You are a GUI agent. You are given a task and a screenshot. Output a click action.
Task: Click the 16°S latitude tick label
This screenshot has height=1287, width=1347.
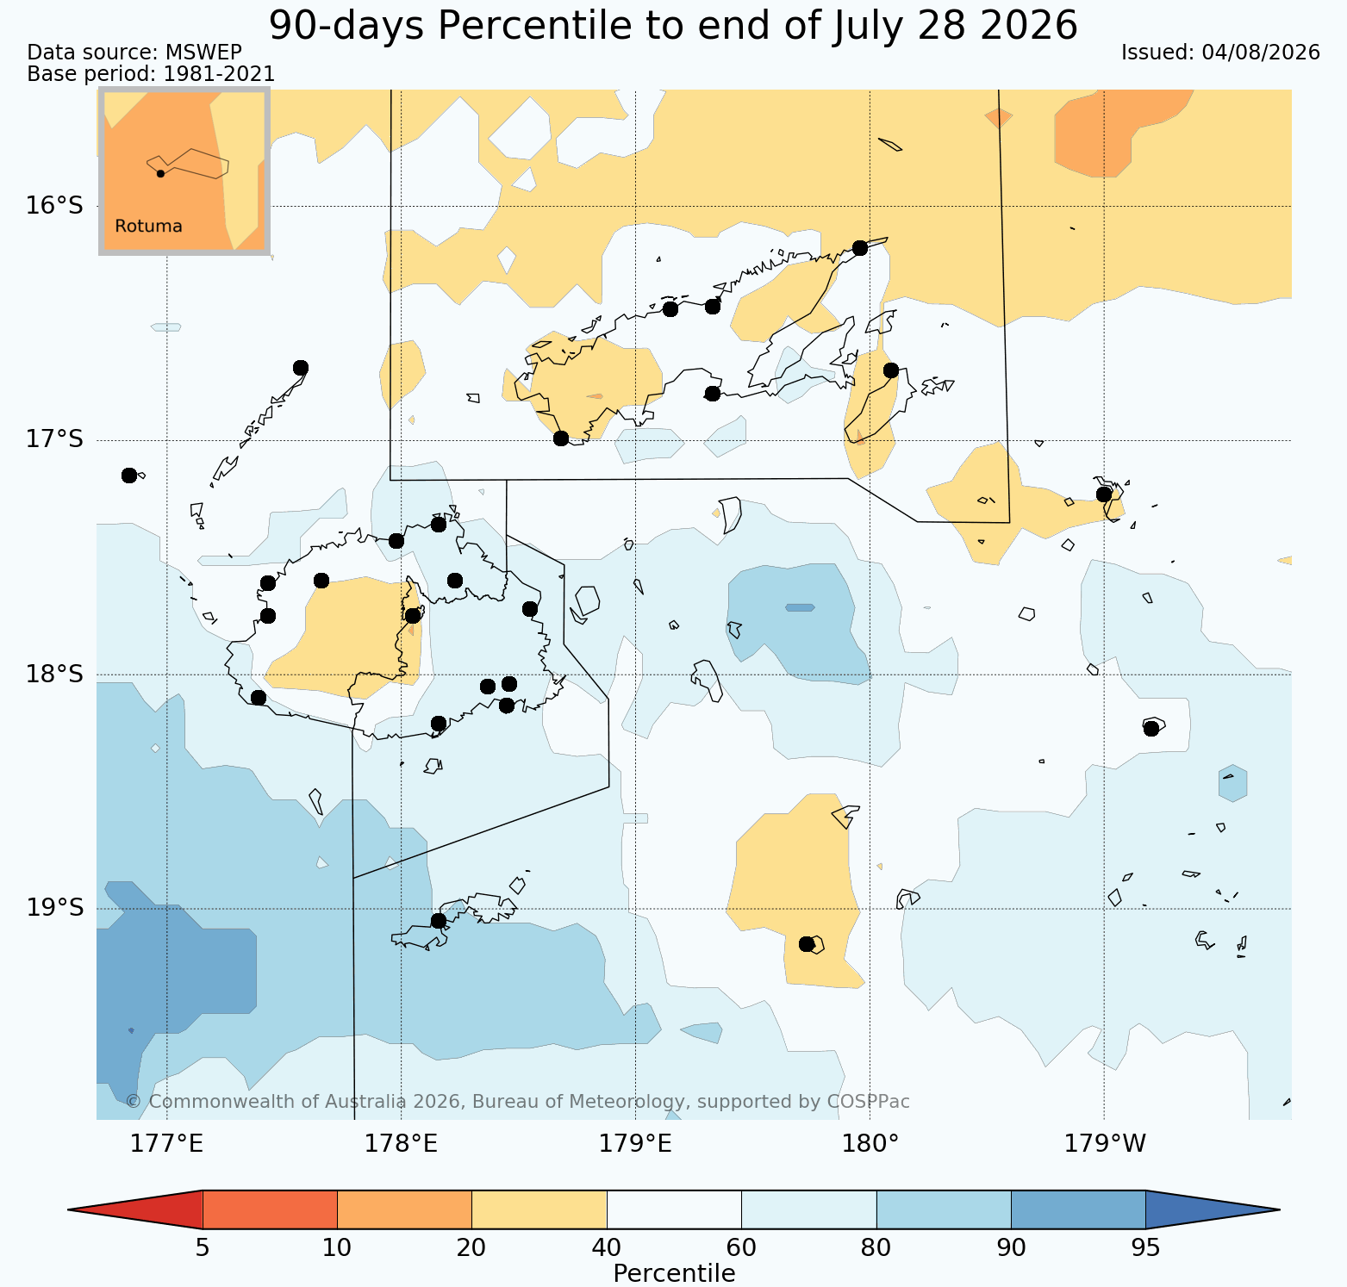coord(54,206)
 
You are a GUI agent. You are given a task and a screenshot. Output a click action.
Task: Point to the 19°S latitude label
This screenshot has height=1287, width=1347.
coord(54,908)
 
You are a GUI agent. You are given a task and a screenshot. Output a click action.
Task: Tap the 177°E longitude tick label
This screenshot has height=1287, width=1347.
coord(166,1144)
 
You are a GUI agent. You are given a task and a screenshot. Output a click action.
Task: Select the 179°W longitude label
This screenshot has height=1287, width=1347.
coord(1105,1144)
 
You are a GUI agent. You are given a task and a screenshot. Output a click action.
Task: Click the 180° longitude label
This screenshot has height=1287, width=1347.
coord(870,1144)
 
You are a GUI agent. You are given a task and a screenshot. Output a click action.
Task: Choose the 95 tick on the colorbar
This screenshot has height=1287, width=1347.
coord(1145,1247)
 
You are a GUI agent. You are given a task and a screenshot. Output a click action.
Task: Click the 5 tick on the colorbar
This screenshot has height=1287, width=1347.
coord(203,1247)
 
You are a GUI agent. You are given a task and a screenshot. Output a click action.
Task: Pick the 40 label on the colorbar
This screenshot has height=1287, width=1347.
coord(607,1247)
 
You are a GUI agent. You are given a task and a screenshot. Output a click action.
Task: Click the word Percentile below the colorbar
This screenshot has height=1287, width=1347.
coord(674,1273)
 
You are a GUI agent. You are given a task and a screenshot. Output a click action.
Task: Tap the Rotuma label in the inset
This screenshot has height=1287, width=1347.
coord(148,227)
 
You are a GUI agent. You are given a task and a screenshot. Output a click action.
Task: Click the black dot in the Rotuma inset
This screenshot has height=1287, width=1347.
coord(160,173)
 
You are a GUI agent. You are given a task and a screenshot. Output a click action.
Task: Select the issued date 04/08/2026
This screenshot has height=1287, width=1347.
coord(1261,53)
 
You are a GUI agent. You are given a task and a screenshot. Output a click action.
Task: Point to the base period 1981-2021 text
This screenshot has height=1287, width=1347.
coord(219,75)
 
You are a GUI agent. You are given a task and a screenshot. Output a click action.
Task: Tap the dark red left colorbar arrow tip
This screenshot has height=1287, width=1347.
coord(70,1209)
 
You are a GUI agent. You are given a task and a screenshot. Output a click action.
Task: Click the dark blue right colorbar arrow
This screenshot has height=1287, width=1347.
coord(1213,1209)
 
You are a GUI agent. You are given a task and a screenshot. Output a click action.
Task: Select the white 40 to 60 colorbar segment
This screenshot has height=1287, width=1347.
coord(674,1209)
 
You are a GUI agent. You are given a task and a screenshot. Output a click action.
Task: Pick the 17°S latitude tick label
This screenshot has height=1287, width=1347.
coord(54,439)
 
